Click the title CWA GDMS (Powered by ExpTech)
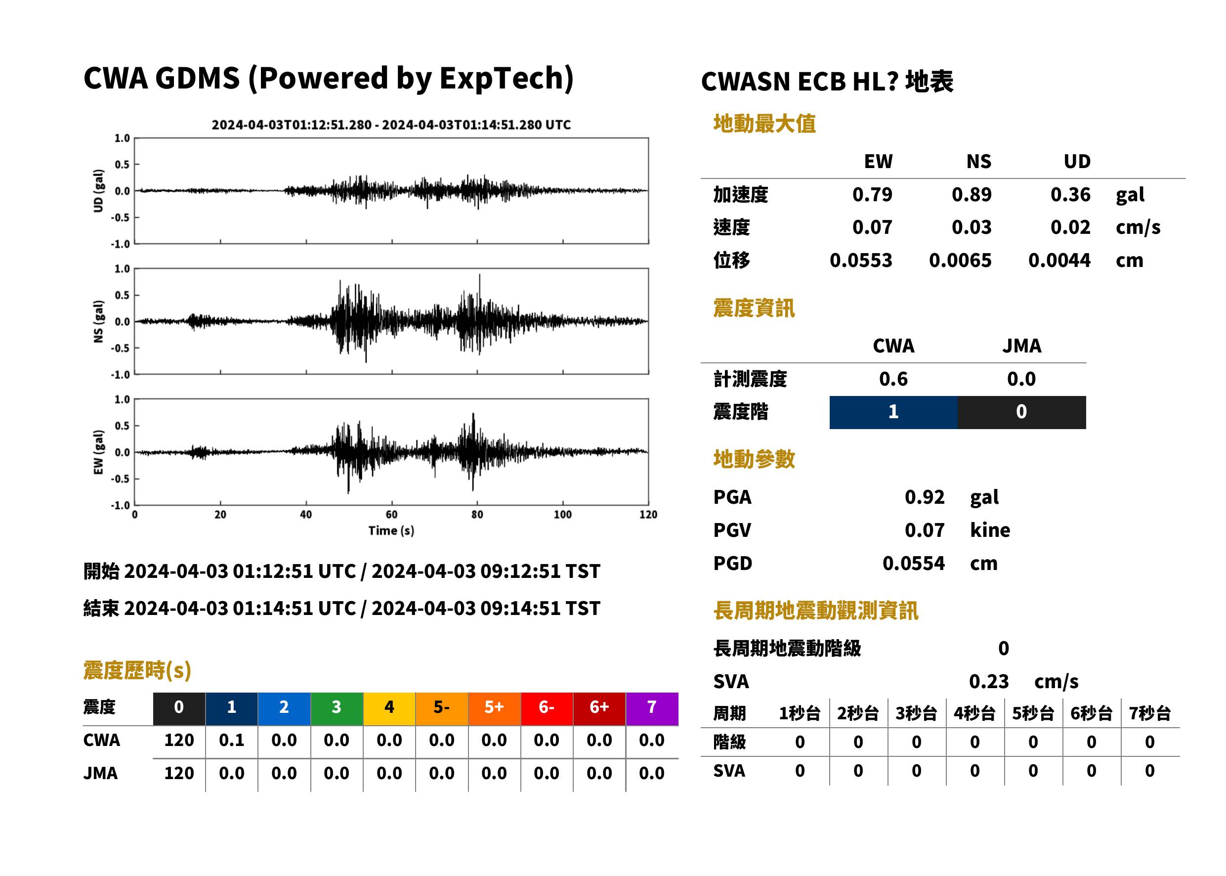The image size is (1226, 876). coord(328,79)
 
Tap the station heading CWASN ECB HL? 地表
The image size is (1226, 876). coord(827,82)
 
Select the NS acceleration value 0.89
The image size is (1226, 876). coord(972,195)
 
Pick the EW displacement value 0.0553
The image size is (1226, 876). coord(861,261)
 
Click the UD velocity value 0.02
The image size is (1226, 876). coord(1070,227)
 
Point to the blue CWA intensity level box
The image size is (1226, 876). coord(893,412)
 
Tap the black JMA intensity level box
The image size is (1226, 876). coord(1022,412)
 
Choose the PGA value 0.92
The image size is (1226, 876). coord(925,497)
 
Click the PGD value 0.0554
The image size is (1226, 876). coord(914,564)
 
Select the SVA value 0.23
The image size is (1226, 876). coord(989,682)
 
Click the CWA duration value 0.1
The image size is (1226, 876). coord(232,741)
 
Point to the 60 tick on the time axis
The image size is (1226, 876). coord(392,515)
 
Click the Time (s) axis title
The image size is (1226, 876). coord(391,531)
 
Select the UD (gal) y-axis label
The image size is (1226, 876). coord(98,191)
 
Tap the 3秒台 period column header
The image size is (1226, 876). coord(916,714)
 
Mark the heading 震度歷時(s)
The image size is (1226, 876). coord(137,670)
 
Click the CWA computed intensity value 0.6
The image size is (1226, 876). coord(893,379)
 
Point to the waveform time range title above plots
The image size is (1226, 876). coord(391,125)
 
